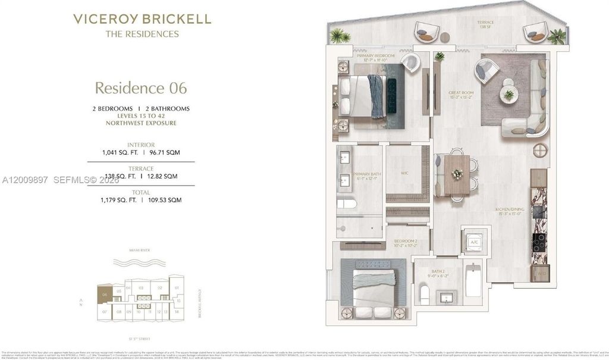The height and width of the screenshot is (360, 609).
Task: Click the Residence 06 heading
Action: click(x=141, y=88)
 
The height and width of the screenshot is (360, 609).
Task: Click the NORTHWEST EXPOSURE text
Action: click(x=141, y=123)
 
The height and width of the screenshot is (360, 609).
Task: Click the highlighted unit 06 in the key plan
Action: click(x=105, y=294)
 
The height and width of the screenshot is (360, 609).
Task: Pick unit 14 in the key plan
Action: click(x=177, y=312)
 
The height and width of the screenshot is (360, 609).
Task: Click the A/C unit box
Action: click(x=475, y=242)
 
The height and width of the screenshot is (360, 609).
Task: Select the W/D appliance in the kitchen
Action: click(x=538, y=274)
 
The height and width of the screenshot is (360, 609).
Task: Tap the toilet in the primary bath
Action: click(x=347, y=205)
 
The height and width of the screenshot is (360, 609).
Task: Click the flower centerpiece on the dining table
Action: click(x=457, y=174)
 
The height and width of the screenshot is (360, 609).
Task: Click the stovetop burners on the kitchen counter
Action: click(x=539, y=239)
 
